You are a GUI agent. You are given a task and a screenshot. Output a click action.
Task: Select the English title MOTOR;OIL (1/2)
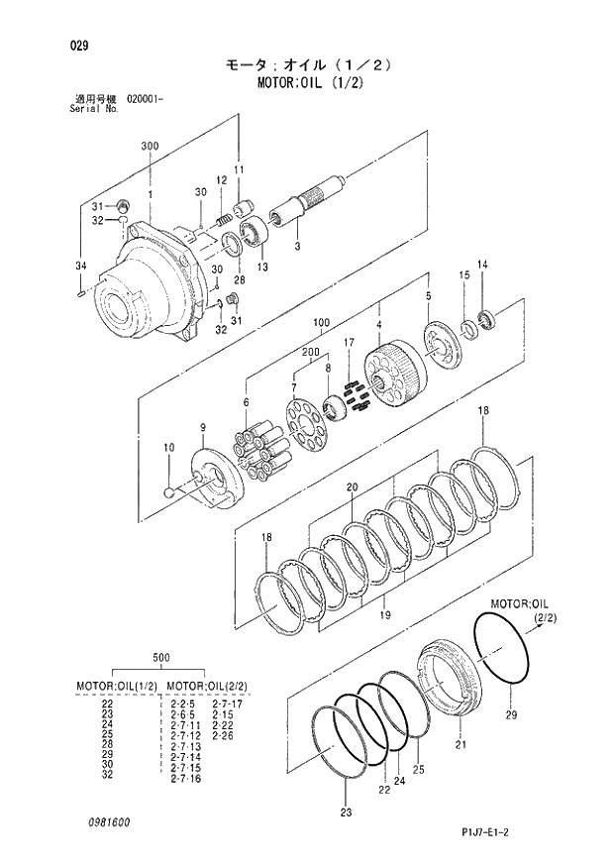308,82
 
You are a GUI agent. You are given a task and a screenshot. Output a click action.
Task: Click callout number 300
150,146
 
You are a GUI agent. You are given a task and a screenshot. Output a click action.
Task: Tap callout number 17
349,343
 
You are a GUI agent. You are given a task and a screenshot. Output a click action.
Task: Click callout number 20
351,487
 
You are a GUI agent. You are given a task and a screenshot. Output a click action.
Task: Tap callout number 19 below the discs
384,615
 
